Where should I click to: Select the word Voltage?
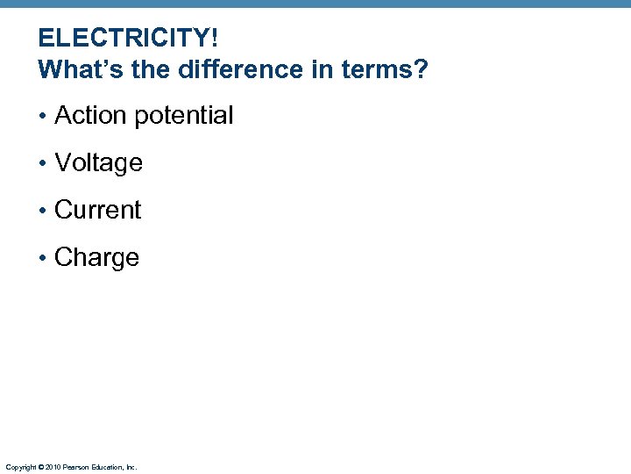[98, 162]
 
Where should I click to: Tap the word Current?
[97, 210]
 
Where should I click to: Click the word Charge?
[96, 257]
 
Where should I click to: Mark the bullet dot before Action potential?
[43, 116]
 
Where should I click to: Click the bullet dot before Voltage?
[43, 163]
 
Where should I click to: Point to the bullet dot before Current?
[43, 211]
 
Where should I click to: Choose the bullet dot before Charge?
[43, 258]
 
